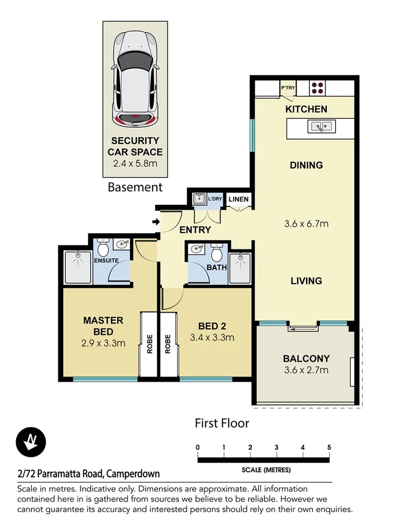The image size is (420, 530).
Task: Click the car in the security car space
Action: coord(135,79)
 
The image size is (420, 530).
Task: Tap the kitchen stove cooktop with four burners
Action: coord(318,88)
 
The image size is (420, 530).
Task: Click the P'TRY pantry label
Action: coord(288,88)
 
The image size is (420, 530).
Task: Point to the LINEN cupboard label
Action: coord(238,199)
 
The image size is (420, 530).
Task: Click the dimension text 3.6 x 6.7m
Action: coord(306,224)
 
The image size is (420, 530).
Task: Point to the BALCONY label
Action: coord(306,359)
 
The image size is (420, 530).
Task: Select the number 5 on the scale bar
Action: coord(329,447)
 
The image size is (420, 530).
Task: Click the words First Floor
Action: coord(222,423)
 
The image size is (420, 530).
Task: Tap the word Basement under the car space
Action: coord(135,187)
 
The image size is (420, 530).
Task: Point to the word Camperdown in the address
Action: coord(132,474)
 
